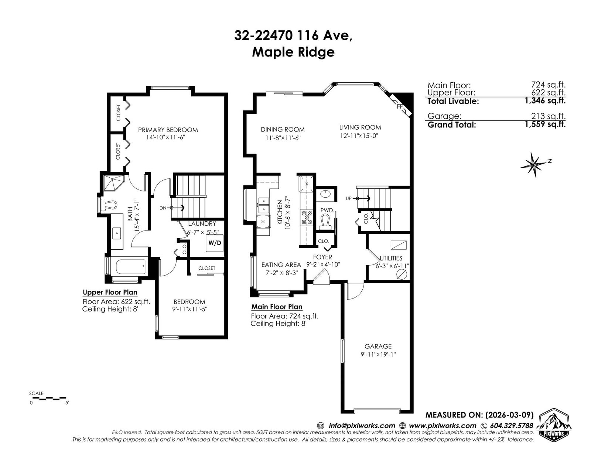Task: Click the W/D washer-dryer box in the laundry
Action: click(214, 243)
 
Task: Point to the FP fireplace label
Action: click(400, 107)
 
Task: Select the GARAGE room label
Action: click(378, 346)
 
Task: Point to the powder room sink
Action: click(324, 194)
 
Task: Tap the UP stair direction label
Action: click(349, 199)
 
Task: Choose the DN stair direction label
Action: click(163, 208)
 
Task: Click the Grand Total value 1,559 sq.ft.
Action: click(545, 124)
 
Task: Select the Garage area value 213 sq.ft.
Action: click(548, 116)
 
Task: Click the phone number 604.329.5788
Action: click(512, 426)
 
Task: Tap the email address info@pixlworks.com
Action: click(362, 426)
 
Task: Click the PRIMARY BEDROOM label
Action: click(168, 130)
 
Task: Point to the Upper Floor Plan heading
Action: click(110, 292)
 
